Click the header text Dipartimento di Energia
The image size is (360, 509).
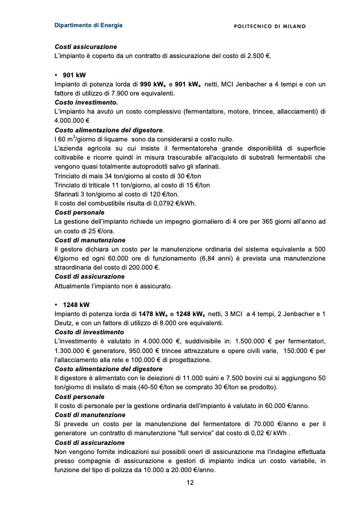88,25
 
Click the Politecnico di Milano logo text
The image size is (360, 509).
269,26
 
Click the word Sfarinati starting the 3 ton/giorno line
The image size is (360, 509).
68,194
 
